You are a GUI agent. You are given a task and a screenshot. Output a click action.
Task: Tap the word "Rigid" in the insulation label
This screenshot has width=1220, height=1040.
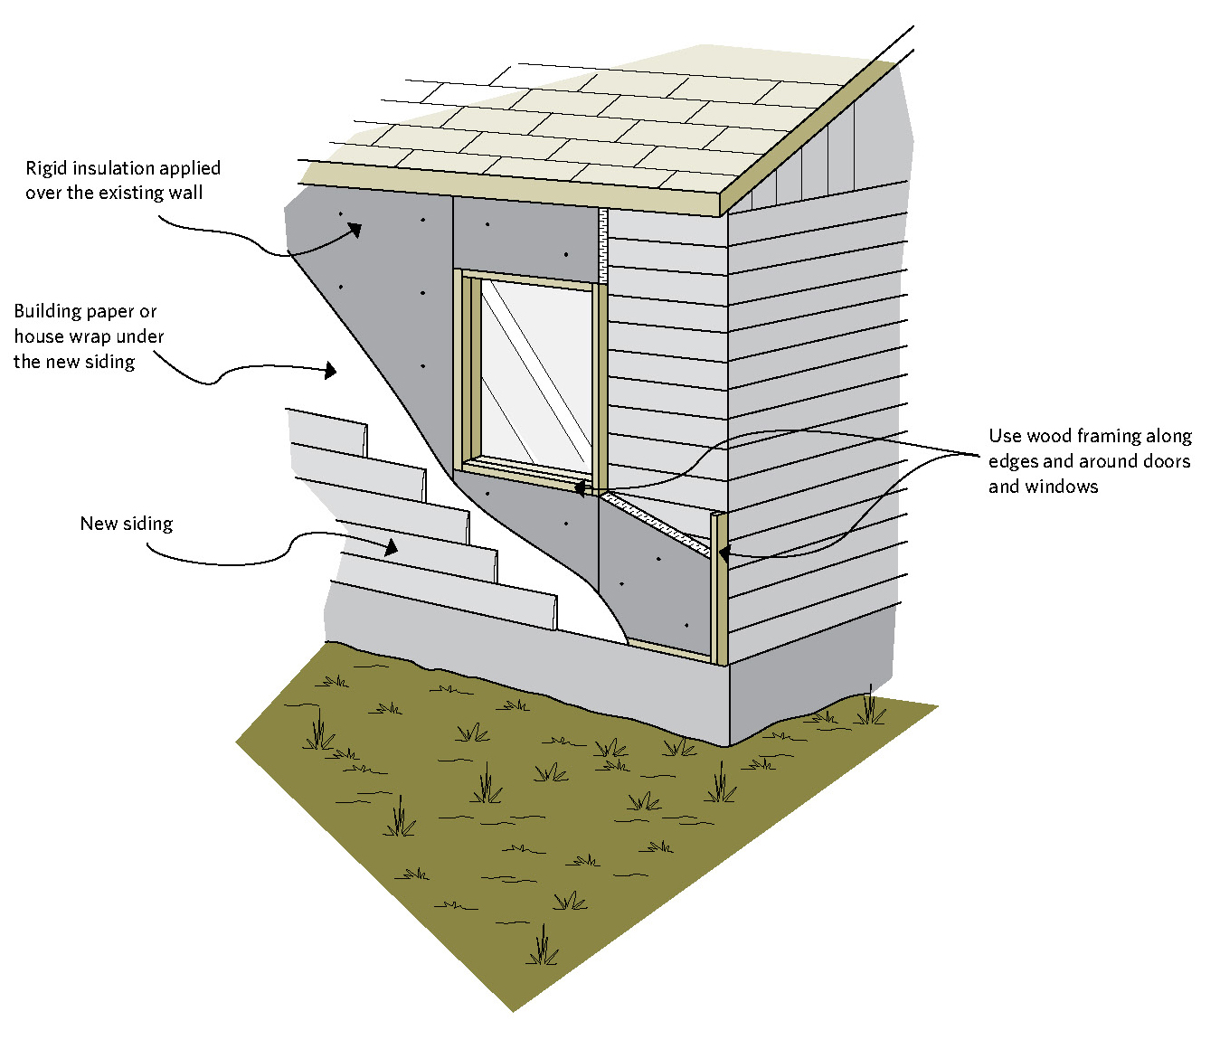[45, 168]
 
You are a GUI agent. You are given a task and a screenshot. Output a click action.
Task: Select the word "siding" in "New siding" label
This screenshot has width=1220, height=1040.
[148, 524]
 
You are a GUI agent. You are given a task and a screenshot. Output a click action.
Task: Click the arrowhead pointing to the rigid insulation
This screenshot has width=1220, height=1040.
[354, 229]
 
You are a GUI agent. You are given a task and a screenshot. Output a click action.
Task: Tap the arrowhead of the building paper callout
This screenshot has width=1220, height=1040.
[331, 370]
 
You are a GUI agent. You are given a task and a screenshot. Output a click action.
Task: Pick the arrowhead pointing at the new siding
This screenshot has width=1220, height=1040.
[391, 546]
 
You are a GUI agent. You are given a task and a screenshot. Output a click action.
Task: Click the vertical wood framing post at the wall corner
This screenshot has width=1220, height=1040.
[719, 588]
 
